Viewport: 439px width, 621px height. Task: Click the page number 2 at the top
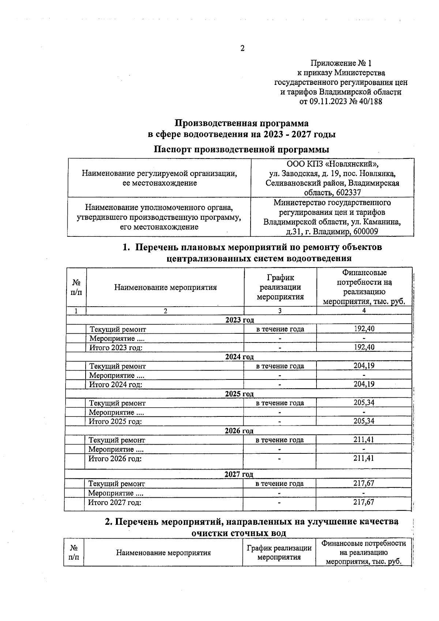pos(242,48)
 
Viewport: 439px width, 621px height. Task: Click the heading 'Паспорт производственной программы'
pos(241,149)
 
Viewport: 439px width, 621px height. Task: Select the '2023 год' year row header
pos(240,320)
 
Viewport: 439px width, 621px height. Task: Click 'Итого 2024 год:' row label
pos(116,384)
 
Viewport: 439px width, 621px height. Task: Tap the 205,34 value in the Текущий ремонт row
pos(364,403)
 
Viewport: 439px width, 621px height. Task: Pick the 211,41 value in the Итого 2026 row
pos(364,458)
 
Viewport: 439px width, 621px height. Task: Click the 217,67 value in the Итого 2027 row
pos(364,502)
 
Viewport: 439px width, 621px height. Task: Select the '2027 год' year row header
pos(239,474)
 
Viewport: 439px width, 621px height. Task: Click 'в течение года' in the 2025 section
pos(280,403)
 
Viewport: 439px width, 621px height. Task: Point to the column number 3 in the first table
pos(280,311)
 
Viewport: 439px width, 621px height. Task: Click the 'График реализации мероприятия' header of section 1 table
pos(280,287)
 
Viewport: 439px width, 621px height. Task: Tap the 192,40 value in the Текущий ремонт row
pos(364,329)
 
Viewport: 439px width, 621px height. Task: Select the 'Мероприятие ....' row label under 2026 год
pos(116,449)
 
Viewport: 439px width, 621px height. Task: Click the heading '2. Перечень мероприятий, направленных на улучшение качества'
pos(252,521)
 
